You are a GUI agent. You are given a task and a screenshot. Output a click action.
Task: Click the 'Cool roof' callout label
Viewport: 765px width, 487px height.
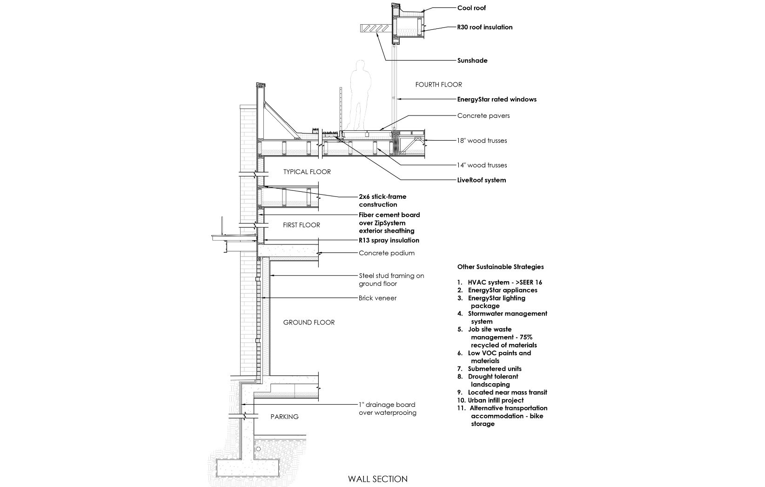click(471, 8)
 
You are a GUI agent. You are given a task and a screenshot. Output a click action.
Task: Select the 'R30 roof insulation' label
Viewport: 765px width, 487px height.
click(484, 27)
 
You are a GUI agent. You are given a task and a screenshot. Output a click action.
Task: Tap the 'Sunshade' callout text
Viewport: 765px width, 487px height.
click(472, 61)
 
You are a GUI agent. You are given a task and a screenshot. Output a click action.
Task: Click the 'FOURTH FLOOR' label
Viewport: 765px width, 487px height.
click(438, 84)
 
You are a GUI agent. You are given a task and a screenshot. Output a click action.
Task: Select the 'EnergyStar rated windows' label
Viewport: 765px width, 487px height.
click(497, 100)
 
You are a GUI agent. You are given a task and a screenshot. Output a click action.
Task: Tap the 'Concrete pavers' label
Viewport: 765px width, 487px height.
click(483, 115)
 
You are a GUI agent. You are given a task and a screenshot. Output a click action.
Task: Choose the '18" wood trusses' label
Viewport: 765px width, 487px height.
click(482, 141)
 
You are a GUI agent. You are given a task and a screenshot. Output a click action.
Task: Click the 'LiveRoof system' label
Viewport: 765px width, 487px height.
click(482, 180)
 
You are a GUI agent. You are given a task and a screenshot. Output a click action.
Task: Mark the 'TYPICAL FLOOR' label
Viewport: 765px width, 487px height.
click(307, 172)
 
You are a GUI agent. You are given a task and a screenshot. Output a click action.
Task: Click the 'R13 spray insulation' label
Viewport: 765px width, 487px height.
click(389, 240)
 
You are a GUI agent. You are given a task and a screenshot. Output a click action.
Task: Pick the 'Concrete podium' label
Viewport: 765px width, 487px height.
click(387, 253)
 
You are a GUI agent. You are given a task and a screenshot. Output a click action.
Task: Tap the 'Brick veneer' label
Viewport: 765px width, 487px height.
click(377, 298)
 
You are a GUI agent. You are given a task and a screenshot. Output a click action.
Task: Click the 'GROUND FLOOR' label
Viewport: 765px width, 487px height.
click(309, 322)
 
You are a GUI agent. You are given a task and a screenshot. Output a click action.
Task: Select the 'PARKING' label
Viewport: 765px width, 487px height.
click(284, 417)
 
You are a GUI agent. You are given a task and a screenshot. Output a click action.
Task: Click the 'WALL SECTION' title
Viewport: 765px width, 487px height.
click(378, 479)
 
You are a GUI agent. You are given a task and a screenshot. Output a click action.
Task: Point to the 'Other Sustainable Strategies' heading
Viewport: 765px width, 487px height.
click(500, 267)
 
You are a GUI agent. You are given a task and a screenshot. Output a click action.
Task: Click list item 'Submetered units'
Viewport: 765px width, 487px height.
click(490, 369)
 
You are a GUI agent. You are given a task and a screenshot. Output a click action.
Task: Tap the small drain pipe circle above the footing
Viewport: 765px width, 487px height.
click(258, 449)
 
